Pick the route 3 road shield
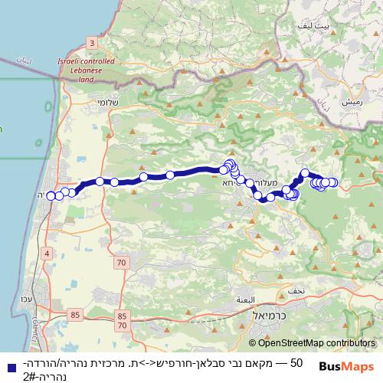tap(93, 43)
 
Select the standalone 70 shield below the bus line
tap(121, 263)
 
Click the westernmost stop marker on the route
tap(51, 195)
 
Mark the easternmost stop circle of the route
tap(333, 182)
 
